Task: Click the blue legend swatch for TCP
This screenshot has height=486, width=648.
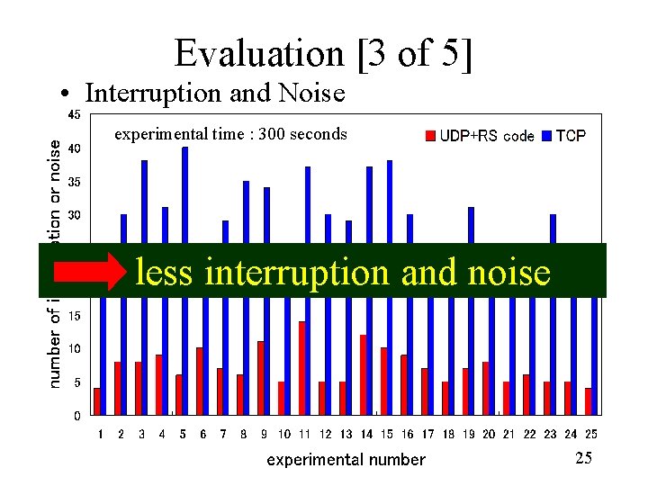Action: tap(546, 137)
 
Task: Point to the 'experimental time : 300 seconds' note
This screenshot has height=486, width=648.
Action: tap(230, 134)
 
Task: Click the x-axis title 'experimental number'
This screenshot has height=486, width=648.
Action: tap(346, 460)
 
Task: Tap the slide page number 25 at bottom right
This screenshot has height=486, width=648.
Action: tap(583, 459)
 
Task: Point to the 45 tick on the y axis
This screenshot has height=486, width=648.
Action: tap(73, 114)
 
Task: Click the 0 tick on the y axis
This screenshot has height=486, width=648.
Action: tap(76, 416)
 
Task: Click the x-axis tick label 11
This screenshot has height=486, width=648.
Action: tap(305, 434)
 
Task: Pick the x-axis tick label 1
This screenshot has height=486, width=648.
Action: tap(101, 434)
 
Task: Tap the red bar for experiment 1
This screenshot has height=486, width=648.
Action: tap(97, 401)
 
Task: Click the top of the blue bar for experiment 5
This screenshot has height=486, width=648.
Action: tap(185, 149)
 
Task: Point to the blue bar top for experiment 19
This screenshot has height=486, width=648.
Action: tap(471, 210)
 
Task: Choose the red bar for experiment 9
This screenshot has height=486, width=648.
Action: tap(261, 378)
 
